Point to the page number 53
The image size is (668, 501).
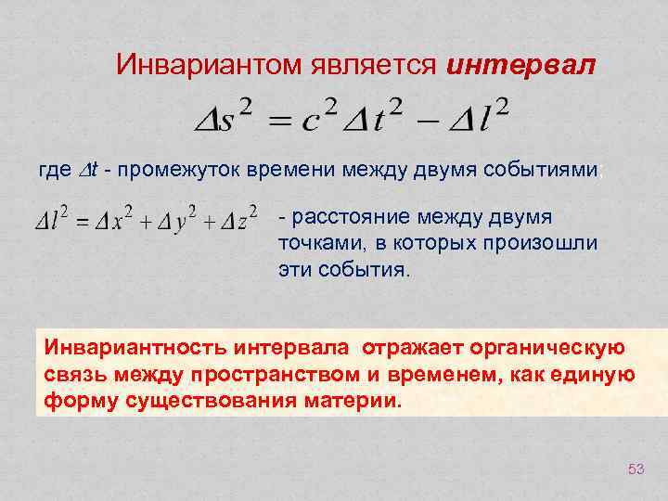pyautogui.click(x=636, y=469)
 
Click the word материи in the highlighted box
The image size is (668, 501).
pyautogui.click(x=358, y=403)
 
